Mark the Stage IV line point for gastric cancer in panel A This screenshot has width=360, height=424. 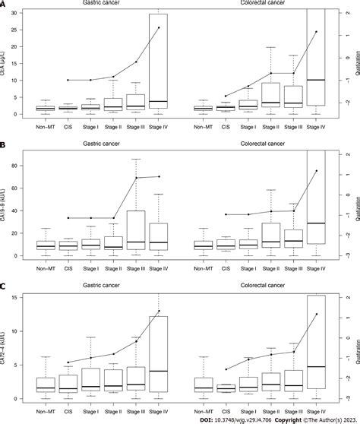tap(159, 28)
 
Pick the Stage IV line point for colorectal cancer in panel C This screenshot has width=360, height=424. tap(316, 314)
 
